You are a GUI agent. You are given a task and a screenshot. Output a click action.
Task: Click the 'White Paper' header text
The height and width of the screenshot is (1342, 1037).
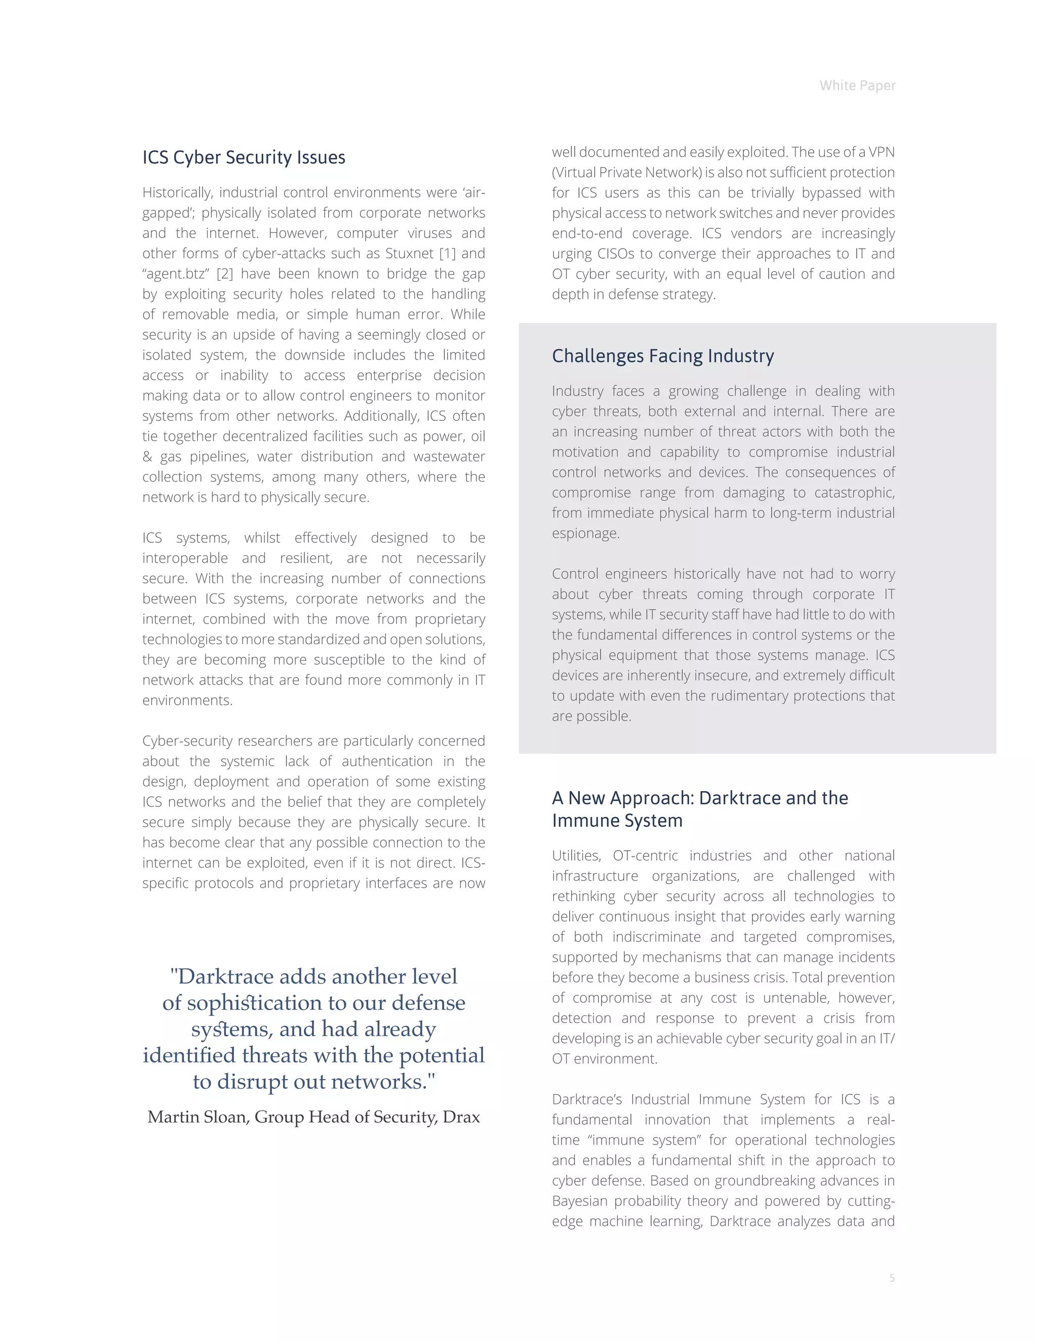857,86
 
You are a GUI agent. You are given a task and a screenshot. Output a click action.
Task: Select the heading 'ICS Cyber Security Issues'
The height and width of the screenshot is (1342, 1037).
244,157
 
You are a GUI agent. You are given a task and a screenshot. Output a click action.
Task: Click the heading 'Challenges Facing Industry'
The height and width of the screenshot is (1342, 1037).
663,356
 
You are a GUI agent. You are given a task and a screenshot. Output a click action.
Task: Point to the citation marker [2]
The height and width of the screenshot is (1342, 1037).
225,273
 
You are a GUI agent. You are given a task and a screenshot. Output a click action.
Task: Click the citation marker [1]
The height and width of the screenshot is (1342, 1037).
447,253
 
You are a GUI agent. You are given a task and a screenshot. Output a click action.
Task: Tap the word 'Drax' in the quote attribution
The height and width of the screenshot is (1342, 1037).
461,1117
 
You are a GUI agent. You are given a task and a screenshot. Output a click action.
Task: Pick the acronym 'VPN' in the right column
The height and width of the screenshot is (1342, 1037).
881,152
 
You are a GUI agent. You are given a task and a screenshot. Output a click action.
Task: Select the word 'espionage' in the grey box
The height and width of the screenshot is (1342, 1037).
585,533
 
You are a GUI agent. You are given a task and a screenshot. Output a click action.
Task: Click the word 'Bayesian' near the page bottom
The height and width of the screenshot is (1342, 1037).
579,1201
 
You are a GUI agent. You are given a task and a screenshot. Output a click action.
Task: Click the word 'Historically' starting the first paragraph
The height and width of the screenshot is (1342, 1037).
178,192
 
